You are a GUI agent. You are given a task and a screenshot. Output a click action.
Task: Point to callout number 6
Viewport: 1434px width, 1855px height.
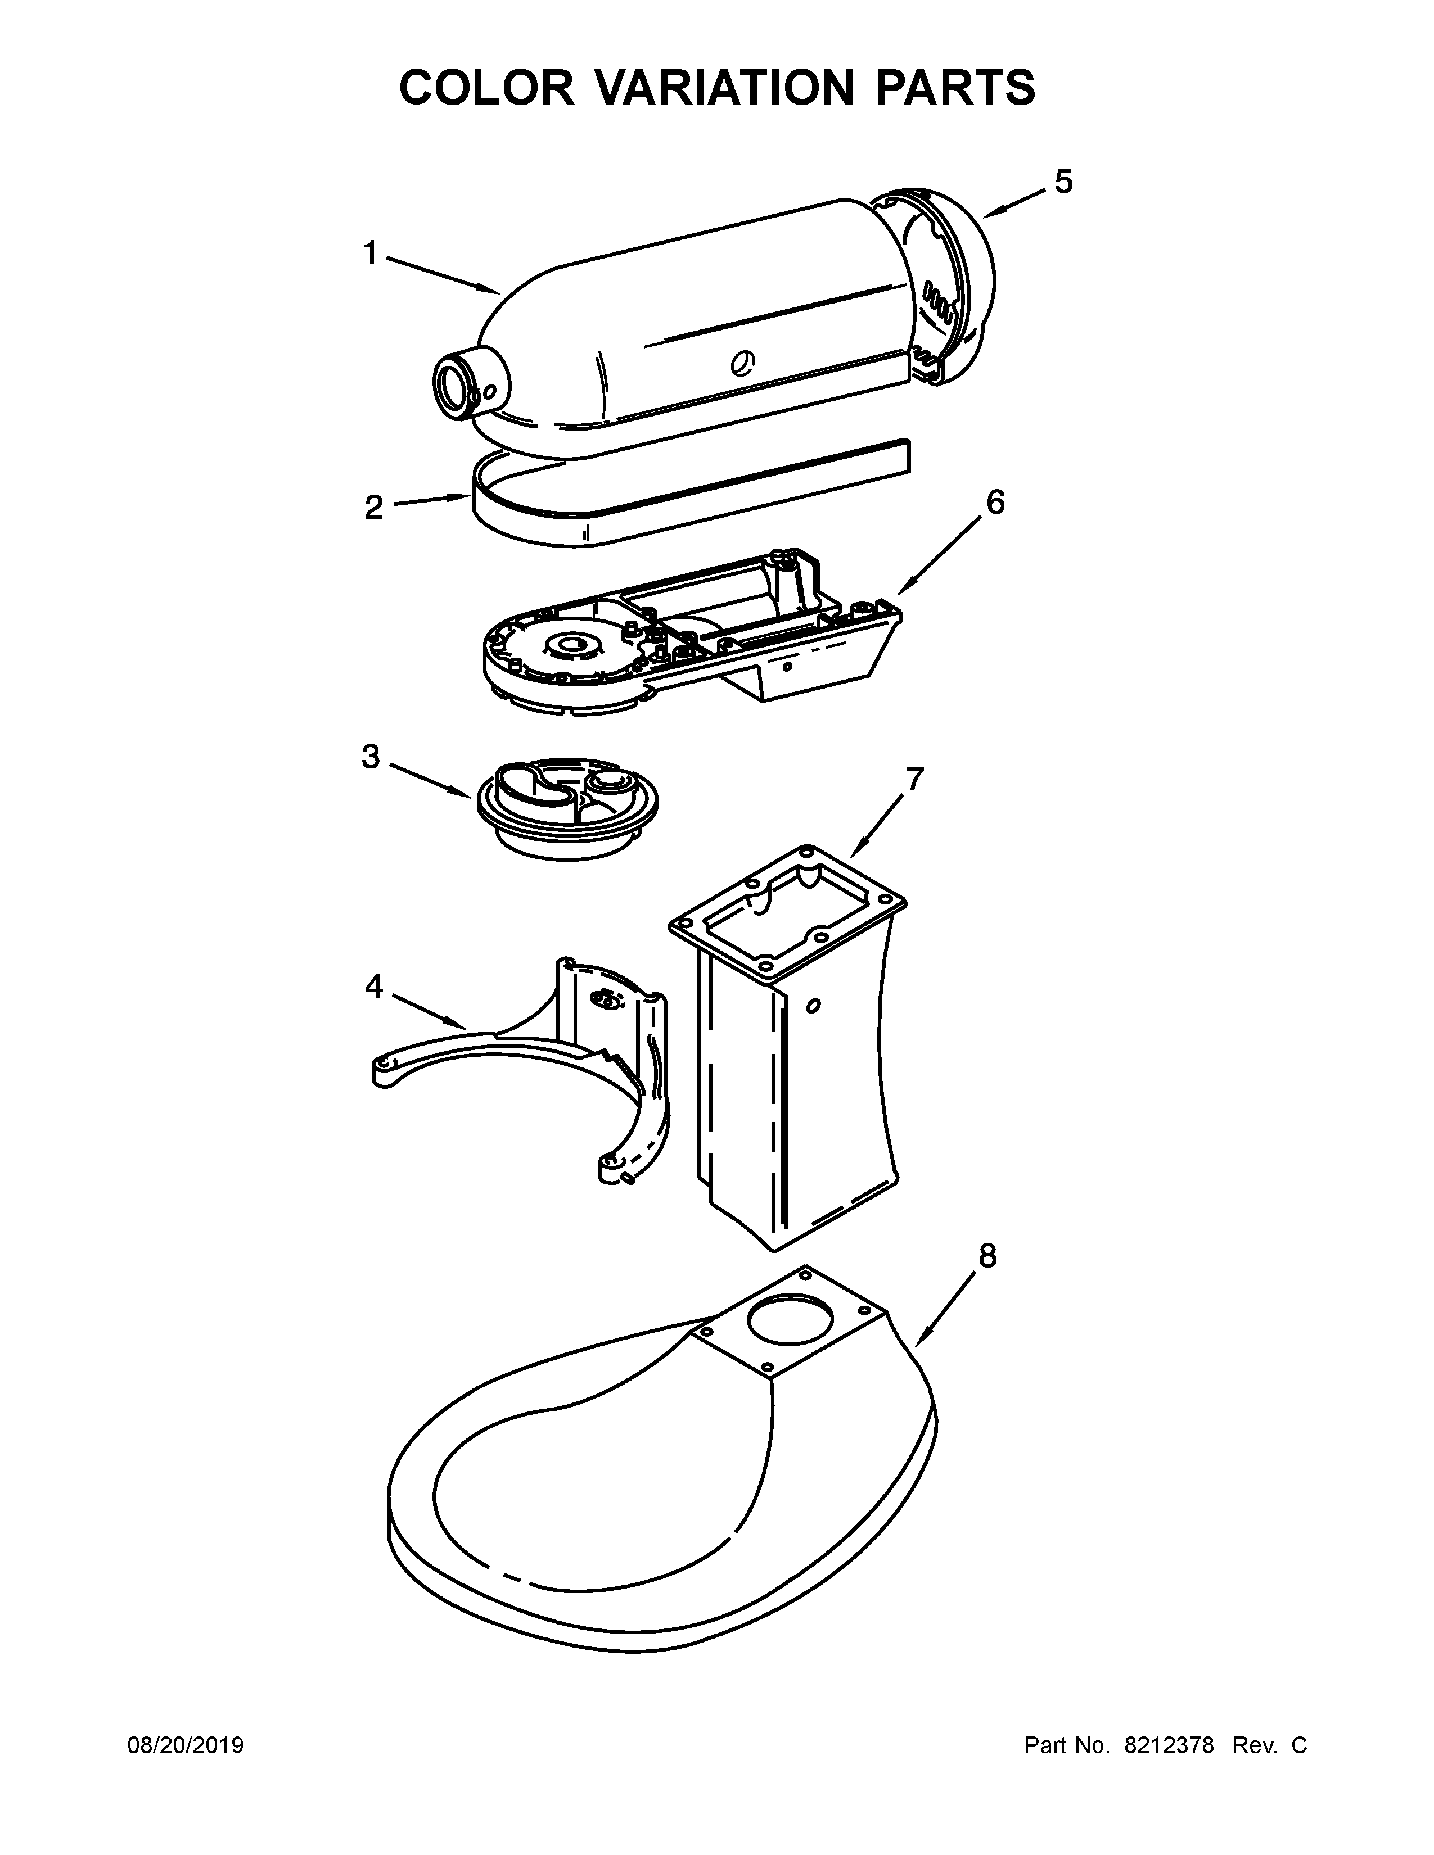coord(995,503)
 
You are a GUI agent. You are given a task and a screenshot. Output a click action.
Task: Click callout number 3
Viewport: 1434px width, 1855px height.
coord(371,756)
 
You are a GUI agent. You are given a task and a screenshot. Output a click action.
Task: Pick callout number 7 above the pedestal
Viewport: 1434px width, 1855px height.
coord(914,779)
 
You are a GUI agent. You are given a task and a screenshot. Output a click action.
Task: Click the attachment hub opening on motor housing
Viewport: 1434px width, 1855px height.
coord(453,387)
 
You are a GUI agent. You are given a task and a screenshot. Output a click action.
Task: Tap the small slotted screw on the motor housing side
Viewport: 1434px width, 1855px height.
coord(742,364)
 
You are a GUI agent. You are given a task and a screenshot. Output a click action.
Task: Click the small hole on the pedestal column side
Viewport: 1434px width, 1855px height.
coord(813,1007)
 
